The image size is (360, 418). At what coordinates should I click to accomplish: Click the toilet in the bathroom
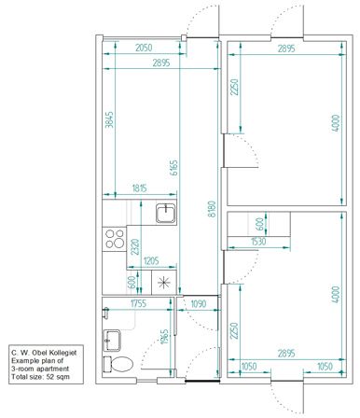point(118,364)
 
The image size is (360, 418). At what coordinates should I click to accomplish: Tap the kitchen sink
point(166,213)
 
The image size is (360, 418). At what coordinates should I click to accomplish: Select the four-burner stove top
point(115,239)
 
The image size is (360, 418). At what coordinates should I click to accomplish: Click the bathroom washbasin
point(112,341)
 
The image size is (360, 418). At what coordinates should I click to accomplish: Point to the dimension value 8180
point(212,209)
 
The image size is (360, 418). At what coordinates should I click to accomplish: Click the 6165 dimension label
point(174,167)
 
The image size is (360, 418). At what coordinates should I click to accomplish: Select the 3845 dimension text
point(109,119)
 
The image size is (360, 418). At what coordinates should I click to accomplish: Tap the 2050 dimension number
point(144,48)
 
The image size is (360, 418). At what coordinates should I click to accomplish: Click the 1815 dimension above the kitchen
point(139,188)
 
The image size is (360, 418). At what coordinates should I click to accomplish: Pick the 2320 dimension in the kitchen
point(135,246)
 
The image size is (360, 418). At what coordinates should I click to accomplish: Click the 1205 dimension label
point(151,260)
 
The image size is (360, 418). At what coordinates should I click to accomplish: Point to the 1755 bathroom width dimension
point(138,303)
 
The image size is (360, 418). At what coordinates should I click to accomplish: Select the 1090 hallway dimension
point(198,303)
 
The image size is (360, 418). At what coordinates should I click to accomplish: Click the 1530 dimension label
point(258,242)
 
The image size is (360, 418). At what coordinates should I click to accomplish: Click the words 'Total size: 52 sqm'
point(41,377)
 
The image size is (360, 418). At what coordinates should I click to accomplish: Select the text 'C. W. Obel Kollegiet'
point(44,353)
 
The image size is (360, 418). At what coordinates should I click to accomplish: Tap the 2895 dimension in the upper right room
point(286,49)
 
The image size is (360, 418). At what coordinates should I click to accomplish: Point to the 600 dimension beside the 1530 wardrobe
point(260,224)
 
